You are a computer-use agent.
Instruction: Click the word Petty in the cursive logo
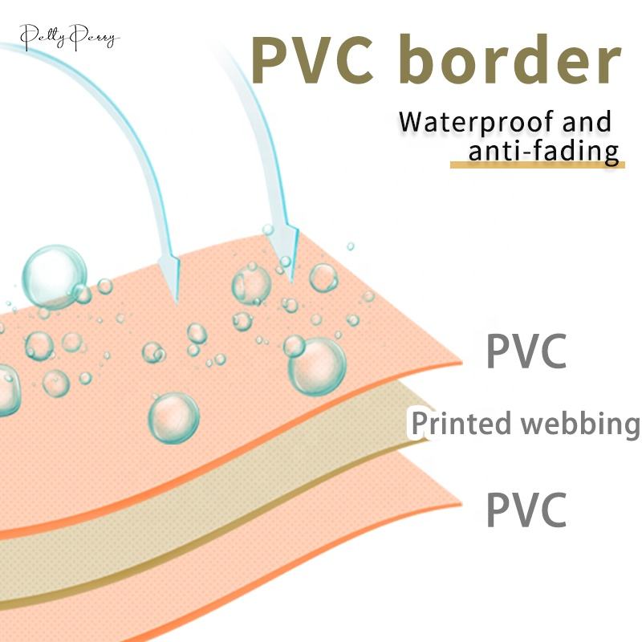point(40,36)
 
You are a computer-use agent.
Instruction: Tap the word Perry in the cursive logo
point(96,37)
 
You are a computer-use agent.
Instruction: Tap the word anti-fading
point(544,150)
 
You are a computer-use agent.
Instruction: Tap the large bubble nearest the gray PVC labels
point(316,366)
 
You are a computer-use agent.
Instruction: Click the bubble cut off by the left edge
point(6,390)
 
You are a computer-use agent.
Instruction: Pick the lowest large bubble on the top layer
point(173,417)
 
